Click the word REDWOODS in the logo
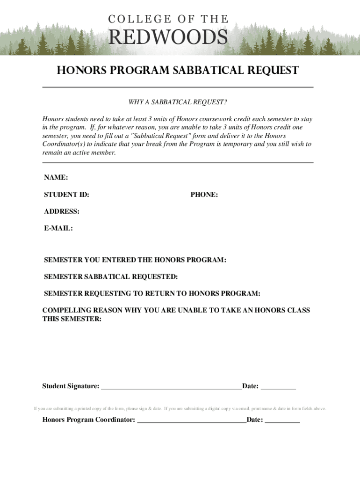click(x=169, y=37)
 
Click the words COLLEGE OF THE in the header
click(x=169, y=19)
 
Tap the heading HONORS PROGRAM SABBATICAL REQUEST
click(x=178, y=71)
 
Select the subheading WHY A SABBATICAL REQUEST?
click(x=178, y=102)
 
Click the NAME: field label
click(x=56, y=177)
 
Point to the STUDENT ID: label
click(x=66, y=194)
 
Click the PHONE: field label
click(x=204, y=194)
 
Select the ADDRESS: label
click(x=61, y=211)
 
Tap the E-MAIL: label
click(x=58, y=228)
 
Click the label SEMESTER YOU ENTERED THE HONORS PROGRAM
click(x=135, y=260)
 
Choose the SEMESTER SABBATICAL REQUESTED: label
click(x=110, y=276)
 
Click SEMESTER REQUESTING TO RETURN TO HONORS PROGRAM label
click(x=152, y=293)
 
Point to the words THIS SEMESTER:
click(x=72, y=319)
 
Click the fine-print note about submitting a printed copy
click(x=99, y=408)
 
